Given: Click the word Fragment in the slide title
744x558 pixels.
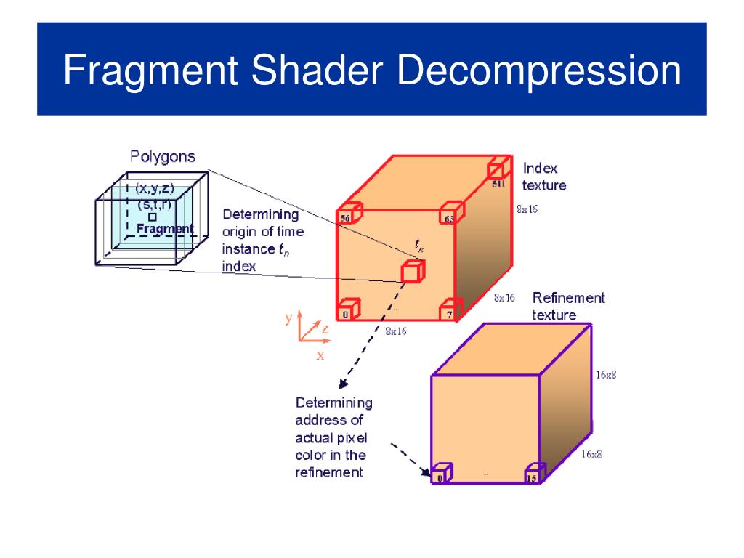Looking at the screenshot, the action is coord(149,72).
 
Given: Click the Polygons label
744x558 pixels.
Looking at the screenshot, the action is coord(163,156).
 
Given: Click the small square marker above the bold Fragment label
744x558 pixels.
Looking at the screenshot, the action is coord(153,217).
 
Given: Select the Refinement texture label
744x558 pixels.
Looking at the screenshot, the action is coord(568,306).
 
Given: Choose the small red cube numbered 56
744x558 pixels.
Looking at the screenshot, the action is coord(348,214).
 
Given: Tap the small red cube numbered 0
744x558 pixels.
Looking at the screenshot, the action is coord(348,310).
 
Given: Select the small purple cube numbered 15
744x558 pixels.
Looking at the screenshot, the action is coord(534,474).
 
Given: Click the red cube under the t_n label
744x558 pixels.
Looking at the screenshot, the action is coord(413,271).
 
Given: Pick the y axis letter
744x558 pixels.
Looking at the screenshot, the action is coord(288,318).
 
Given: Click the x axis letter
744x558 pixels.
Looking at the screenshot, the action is coord(320,356).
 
